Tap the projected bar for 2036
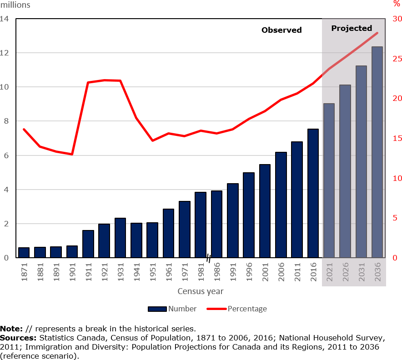pos(377,152)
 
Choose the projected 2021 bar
pos(329,180)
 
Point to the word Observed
pos(281,30)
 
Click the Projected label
pos(352,28)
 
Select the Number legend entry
pos(173,309)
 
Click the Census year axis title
pos(201,291)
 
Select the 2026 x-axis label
pos(345,271)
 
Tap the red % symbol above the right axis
pos(397,4)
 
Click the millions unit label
pos(15,5)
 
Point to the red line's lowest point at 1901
pos(72,155)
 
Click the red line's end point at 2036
pos(377,33)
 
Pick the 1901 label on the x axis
pos(72,271)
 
